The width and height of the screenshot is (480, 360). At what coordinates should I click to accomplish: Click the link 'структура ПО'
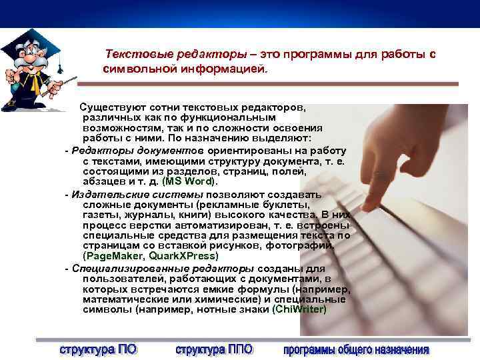[98, 349]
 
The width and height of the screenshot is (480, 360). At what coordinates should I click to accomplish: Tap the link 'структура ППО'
[214, 349]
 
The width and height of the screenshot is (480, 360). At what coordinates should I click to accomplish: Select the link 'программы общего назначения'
[356, 349]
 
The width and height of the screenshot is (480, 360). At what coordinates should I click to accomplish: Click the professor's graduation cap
[30, 39]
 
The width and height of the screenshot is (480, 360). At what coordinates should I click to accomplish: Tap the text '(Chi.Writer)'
[299, 309]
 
